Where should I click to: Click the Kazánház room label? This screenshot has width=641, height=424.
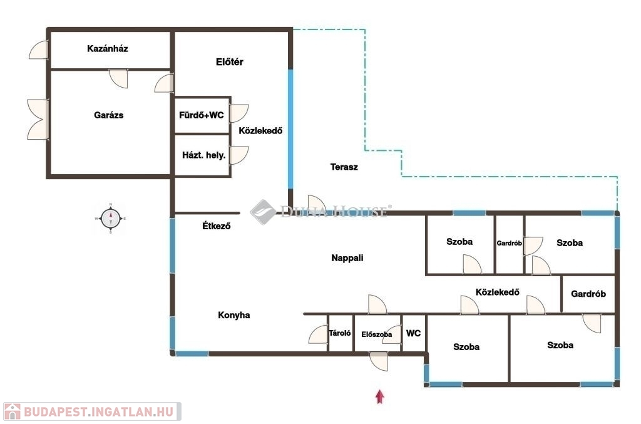[108, 49]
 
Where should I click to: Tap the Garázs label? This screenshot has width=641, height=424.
[108, 115]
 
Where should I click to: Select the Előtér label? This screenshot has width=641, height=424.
[229, 62]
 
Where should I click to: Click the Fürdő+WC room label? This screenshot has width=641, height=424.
[202, 115]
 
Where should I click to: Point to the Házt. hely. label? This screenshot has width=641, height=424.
[204, 155]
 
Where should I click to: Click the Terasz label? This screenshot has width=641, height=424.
[344, 167]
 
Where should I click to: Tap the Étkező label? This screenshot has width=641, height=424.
[216, 225]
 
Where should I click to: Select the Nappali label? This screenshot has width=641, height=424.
[347, 258]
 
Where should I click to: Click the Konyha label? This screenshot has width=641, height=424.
[234, 315]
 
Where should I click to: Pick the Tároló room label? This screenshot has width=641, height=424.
[340, 333]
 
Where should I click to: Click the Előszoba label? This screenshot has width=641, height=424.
[376, 334]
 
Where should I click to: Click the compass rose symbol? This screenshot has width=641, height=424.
[111, 219]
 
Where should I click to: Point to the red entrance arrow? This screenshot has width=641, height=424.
[380, 396]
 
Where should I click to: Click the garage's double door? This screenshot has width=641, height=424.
[38, 120]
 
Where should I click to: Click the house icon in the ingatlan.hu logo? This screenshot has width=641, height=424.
[13, 411]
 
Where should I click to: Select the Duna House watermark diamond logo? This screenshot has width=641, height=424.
[263, 212]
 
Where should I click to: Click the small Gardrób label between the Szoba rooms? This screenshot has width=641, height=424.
[509, 243]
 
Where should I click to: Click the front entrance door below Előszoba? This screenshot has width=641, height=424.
[379, 361]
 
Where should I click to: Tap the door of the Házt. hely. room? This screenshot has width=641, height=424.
[239, 155]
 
